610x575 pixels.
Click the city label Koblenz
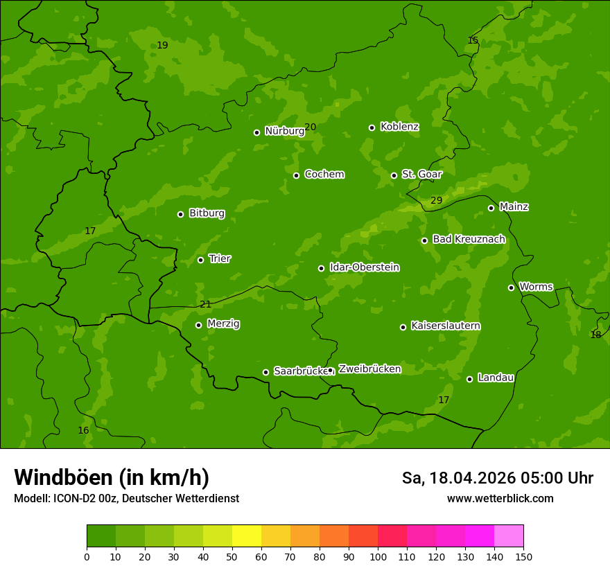399,127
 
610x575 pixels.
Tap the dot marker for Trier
200,260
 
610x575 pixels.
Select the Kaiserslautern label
445,326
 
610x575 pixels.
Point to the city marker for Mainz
491,208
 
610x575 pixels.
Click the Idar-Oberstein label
364,267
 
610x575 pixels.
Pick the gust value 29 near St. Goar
436,201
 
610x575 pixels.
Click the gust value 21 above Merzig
205,304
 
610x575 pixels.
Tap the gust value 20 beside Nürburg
310,127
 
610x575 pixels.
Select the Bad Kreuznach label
469,239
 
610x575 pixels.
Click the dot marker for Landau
469,379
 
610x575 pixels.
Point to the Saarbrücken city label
300,371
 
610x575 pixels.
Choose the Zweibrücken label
369,369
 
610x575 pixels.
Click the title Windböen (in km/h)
112,477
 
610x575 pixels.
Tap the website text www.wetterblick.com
500,498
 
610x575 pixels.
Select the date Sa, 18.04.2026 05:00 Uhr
497,478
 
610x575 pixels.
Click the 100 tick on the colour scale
378,556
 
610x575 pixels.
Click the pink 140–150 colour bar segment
509,536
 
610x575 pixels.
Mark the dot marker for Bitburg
180,214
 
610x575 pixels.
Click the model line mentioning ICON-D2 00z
126,498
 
